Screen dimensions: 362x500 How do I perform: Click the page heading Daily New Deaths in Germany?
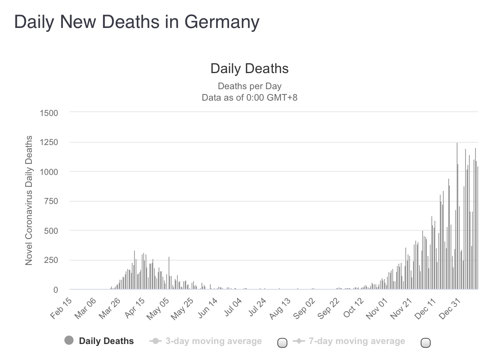click(137, 22)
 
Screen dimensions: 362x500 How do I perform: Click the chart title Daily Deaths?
click(249, 68)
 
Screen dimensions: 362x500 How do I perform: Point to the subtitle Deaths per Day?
click(249, 86)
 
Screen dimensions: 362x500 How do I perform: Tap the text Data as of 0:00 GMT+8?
click(249, 97)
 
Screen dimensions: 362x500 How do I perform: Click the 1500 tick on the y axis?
click(49, 113)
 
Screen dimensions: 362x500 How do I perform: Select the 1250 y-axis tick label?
click(49, 142)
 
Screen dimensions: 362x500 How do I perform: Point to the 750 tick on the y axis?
click(51, 201)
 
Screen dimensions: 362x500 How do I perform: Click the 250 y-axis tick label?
click(51, 260)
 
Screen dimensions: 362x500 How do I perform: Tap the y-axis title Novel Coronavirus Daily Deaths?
click(29, 201)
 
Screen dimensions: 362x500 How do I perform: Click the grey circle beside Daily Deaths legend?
click(69, 341)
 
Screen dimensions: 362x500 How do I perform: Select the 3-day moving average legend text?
click(213, 341)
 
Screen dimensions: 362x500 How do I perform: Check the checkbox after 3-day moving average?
click(282, 343)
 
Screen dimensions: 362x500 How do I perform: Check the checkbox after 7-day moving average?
click(425, 343)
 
